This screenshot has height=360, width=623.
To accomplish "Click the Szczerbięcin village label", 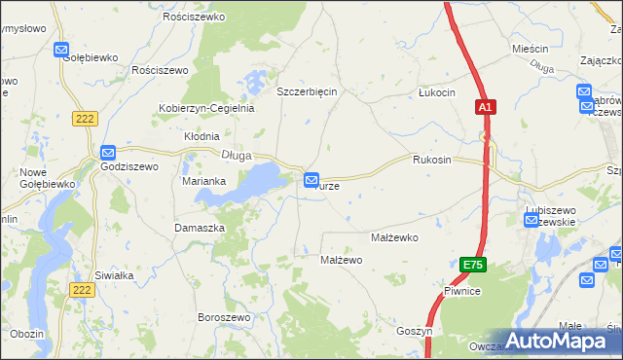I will point(307,91).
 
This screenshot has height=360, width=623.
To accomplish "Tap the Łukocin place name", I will point(436,92).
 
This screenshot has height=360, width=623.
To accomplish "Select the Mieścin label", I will point(531,48).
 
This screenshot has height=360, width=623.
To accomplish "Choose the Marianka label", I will point(204,181).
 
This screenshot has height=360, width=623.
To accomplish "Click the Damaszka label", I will point(200,227).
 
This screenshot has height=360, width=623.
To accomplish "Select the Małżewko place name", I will point(394,236).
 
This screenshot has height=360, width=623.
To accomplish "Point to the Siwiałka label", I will point(114,275).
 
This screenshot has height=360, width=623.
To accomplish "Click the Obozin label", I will point(27,334).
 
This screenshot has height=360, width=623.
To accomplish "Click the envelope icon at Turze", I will point(311,180).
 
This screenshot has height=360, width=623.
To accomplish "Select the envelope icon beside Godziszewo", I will point(108,153).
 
